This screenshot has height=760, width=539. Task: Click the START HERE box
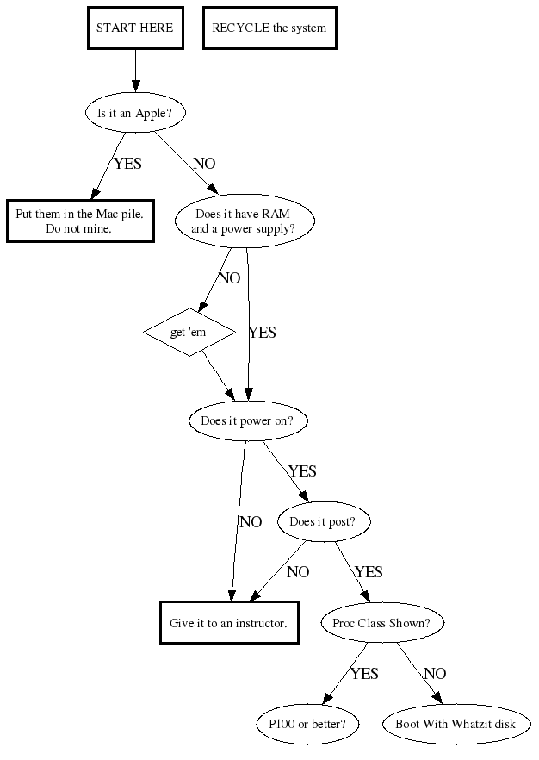134,28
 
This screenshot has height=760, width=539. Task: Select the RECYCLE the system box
269,28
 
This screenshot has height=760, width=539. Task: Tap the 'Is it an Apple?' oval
135,112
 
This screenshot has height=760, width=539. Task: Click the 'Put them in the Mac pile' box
80,221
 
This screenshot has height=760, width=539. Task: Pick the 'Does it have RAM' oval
245,221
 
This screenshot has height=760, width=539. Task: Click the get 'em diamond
189,331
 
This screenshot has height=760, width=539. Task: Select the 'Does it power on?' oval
247,421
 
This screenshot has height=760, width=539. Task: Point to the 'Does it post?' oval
329,521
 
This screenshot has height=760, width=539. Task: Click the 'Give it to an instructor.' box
229,622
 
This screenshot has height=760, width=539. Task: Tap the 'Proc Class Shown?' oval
375,622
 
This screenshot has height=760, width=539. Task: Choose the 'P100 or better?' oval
307,724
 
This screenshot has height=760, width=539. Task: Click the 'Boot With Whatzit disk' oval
455,724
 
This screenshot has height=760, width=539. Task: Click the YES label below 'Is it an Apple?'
127,164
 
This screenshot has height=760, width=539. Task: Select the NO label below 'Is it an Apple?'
204,164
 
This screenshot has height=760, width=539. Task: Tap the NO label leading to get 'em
229,278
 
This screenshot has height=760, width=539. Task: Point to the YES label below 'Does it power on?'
302,471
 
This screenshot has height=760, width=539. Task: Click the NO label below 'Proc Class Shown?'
435,674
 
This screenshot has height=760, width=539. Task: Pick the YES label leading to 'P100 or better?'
364,674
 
